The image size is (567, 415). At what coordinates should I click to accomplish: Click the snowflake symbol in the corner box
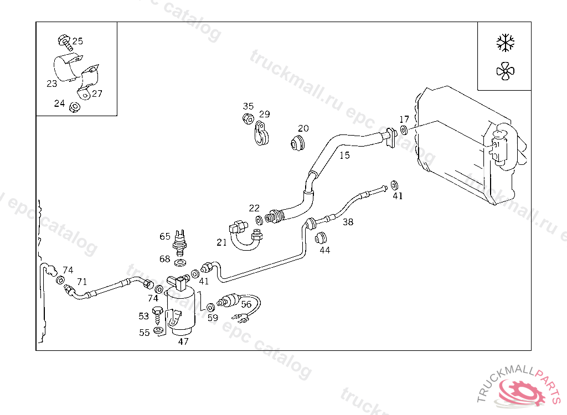click(506, 42)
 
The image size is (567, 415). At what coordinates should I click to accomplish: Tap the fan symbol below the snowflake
click(506, 71)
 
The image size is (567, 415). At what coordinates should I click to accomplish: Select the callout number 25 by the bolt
click(78, 41)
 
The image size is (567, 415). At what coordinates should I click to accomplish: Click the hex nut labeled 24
click(73, 107)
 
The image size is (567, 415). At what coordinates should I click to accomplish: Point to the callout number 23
click(51, 84)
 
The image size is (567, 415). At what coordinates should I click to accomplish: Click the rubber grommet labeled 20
click(298, 142)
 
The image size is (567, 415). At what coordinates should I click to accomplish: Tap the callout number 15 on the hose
click(344, 155)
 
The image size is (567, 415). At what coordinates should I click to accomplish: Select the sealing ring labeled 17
click(404, 131)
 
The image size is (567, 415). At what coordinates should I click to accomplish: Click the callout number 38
click(348, 222)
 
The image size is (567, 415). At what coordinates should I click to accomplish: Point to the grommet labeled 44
click(320, 238)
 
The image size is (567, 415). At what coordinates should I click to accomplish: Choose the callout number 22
click(254, 209)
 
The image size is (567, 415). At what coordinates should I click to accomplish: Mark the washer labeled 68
click(180, 261)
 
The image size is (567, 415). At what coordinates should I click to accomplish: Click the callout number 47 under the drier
click(183, 341)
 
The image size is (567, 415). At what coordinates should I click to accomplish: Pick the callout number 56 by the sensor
click(246, 304)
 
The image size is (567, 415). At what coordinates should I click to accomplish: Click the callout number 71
click(82, 282)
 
